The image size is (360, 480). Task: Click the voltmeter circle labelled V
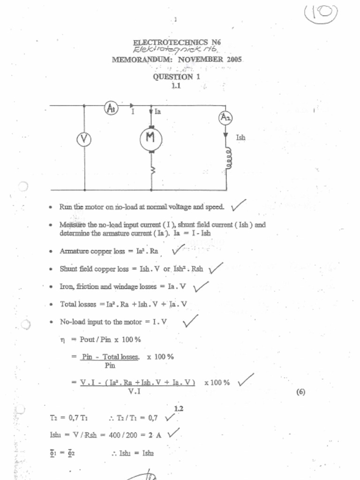tap(84, 139)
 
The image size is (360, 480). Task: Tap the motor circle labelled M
tap(150, 139)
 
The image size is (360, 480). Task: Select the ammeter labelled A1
tap(111, 109)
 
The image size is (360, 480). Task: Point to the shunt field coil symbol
tap(228, 159)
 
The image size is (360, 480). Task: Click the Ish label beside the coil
tap(240, 138)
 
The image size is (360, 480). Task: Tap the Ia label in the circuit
tap(157, 112)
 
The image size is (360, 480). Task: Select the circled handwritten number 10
tap(321, 13)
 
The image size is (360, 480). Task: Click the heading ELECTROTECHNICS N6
tap(177, 42)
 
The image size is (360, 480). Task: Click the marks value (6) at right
tap(300, 392)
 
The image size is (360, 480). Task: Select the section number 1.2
tap(178, 409)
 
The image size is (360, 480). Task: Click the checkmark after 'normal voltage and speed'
tap(238, 204)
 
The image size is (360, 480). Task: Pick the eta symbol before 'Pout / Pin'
tap(62, 339)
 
